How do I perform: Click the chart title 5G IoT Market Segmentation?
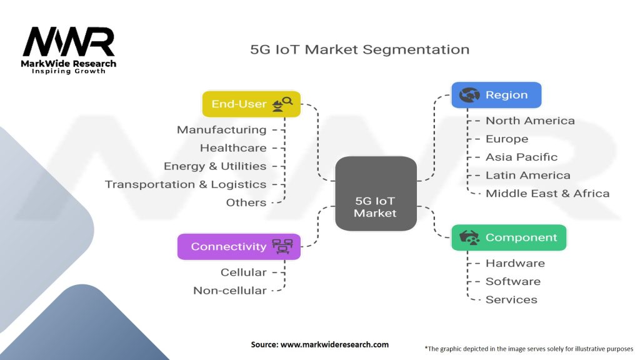(x=359, y=49)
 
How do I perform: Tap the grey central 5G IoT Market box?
(x=376, y=194)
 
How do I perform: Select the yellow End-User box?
(x=251, y=104)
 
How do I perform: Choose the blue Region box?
(x=496, y=95)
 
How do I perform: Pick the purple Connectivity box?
(x=239, y=246)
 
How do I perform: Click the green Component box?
(x=509, y=237)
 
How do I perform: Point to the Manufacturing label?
(x=222, y=130)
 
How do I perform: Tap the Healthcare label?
(x=233, y=147)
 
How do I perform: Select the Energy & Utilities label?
(x=215, y=166)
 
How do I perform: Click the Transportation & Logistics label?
(x=186, y=184)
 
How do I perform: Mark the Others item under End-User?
(x=246, y=202)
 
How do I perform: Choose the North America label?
(x=530, y=121)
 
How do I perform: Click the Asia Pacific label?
(x=522, y=157)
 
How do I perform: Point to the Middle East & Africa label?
(x=547, y=194)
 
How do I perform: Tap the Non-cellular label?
(x=230, y=291)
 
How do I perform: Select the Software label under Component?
(x=513, y=282)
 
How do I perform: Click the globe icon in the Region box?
(x=469, y=95)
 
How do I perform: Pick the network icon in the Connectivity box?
(x=282, y=246)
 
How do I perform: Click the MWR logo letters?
(x=69, y=42)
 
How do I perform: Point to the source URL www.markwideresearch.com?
(x=335, y=344)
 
